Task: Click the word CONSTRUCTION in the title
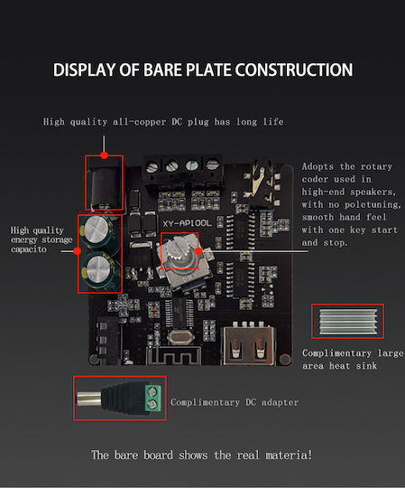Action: tap(294, 70)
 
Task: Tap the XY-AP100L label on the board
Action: tap(187, 223)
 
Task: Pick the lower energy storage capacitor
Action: tap(99, 271)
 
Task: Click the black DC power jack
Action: tap(104, 183)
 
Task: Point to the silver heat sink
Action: tap(347, 321)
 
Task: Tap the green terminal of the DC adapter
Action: tap(153, 399)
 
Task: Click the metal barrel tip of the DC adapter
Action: tap(88, 399)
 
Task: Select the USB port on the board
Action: tap(249, 345)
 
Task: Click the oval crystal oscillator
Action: tap(180, 337)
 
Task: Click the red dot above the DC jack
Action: tap(104, 155)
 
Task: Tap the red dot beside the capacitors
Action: tap(78, 251)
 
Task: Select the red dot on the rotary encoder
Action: tap(198, 251)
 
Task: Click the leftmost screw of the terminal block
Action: tap(152, 166)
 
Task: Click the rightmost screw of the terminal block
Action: tap(212, 164)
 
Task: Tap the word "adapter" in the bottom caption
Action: tap(280, 402)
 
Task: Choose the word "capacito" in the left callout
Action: tap(29, 249)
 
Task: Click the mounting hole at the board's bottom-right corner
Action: tap(285, 360)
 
